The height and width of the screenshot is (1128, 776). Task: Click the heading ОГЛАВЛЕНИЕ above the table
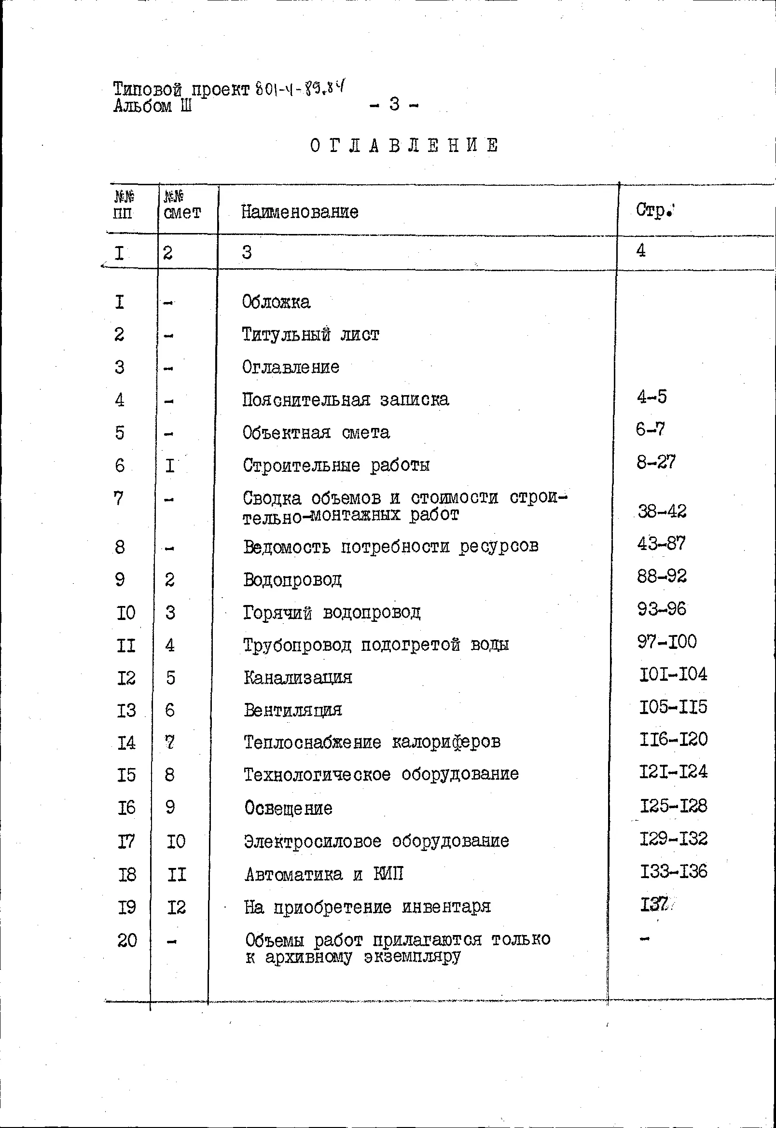pyautogui.click(x=404, y=145)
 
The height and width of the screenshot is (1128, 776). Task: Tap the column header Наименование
pyautogui.click(x=300, y=212)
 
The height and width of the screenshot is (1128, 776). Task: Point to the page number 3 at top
pyautogui.click(x=394, y=104)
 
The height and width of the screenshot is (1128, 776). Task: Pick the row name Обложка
pyautogui.click(x=276, y=302)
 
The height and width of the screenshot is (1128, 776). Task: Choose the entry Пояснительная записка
pyautogui.click(x=345, y=399)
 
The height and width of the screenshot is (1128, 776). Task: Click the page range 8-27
pyautogui.click(x=656, y=462)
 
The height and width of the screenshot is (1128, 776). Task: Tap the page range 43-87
pyautogui.click(x=661, y=543)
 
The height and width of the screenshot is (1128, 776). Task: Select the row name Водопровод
pyautogui.click(x=292, y=579)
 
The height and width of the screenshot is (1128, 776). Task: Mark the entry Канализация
pyautogui.click(x=298, y=677)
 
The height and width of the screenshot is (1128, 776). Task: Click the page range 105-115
pyautogui.click(x=673, y=707)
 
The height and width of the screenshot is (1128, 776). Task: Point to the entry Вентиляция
pyautogui.click(x=293, y=710)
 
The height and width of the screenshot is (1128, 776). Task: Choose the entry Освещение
pyautogui.click(x=288, y=808)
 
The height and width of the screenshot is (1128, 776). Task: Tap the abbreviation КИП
pyautogui.click(x=388, y=874)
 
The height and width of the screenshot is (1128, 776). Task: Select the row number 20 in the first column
pyautogui.click(x=127, y=940)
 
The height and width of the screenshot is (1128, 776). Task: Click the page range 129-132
pyautogui.click(x=673, y=839)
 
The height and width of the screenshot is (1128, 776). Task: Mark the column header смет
pyautogui.click(x=182, y=212)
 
